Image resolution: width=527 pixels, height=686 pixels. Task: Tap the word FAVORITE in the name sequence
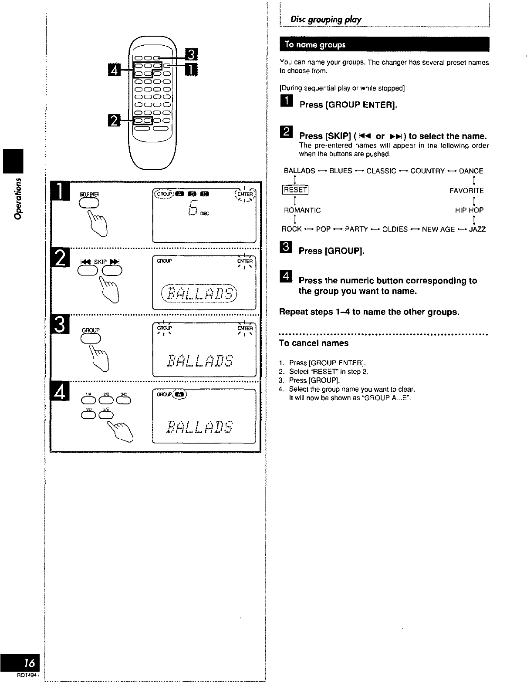coord(466,191)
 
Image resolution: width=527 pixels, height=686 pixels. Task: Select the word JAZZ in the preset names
coord(477,229)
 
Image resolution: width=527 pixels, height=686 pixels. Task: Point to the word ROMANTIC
coord(302,210)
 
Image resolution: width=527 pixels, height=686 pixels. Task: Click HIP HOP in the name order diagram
coord(469,210)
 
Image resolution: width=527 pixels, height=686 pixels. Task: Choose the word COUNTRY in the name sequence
coord(427,171)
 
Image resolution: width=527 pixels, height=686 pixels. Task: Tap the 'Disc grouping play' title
coord(326,19)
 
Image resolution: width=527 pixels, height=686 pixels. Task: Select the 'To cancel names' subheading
coord(314,343)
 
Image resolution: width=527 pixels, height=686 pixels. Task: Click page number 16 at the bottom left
coord(29,663)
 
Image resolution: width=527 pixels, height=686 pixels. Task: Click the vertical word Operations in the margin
coord(18,198)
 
